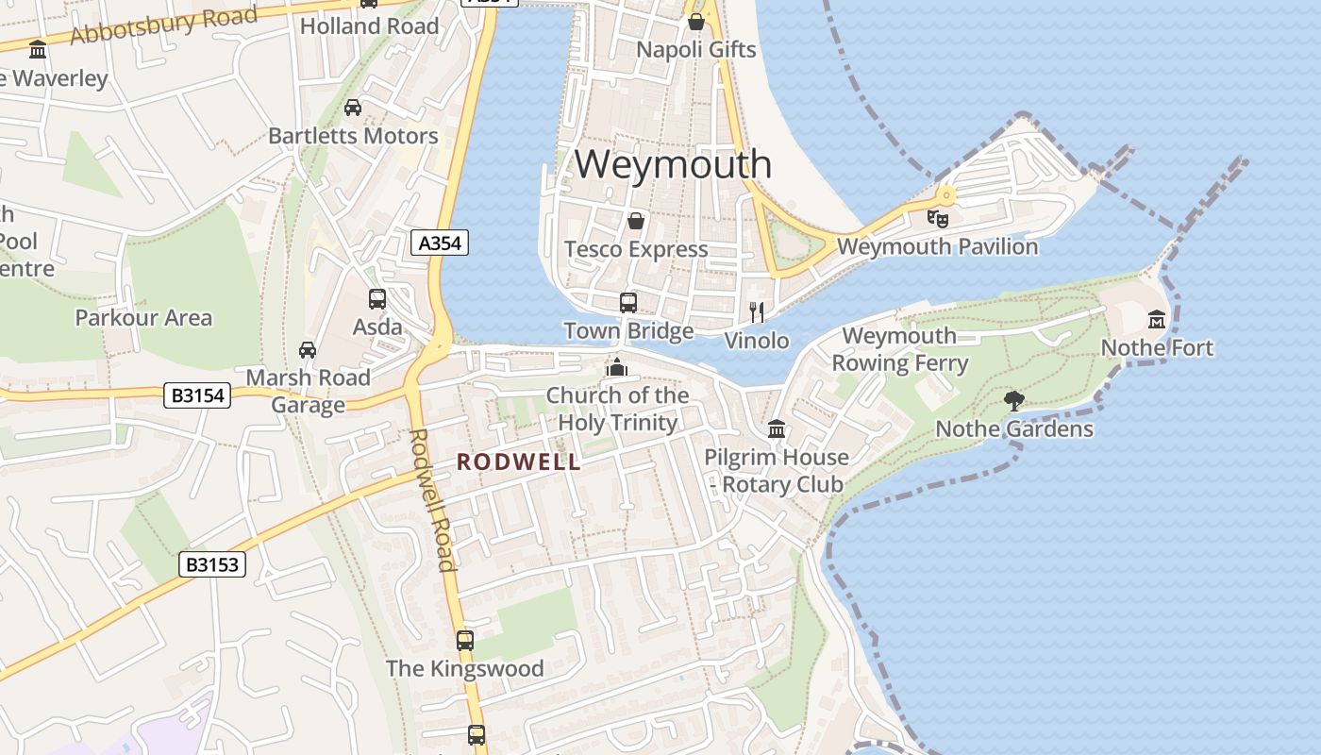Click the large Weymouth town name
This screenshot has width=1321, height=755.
(673, 164)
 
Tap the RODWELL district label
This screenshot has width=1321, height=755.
(518, 461)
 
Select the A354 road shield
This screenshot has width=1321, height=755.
(441, 243)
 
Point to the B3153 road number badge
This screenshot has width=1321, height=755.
(212, 564)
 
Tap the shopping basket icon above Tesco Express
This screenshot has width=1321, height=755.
(636, 221)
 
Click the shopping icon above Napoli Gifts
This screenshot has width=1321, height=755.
(696, 21)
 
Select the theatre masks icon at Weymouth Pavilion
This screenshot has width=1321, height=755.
(937, 218)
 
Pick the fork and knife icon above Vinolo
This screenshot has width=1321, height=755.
(756, 311)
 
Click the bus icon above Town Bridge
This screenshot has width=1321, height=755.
(628, 302)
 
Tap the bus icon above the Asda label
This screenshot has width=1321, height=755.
(377, 299)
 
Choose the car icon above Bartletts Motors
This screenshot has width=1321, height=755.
(353, 108)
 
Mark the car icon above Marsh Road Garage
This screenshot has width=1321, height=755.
(308, 350)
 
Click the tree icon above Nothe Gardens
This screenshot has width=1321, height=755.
(1014, 401)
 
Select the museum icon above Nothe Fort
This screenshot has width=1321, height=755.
(1157, 320)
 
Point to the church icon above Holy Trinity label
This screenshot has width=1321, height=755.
(617, 367)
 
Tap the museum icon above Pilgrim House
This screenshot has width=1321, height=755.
(777, 429)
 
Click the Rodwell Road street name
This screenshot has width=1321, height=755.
(433, 500)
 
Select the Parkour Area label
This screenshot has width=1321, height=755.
(143, 318)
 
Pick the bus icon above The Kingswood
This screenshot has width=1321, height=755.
(465, 640)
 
